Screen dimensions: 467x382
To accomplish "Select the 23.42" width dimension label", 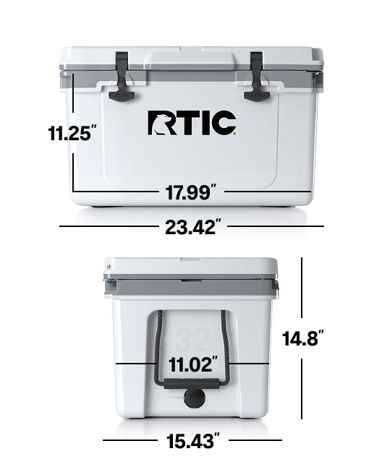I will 191,227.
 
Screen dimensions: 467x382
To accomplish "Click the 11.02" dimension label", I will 191,364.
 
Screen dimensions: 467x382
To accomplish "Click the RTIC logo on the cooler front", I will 192,123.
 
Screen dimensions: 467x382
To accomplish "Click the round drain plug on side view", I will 192,398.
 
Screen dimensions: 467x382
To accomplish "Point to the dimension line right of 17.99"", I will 269,192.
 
